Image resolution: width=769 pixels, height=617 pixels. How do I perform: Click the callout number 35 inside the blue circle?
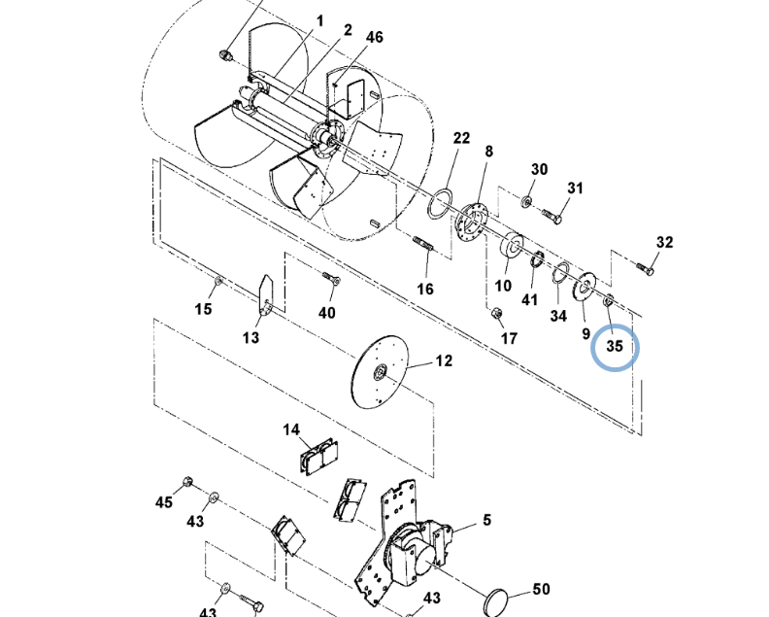pos(615,346)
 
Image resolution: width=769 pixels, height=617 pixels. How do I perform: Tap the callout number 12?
pos(444,360)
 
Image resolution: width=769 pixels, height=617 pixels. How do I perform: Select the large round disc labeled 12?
pos(380,371)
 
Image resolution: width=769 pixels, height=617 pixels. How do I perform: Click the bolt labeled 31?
pos(552,216)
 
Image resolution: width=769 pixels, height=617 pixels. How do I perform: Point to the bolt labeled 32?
pos(645,268)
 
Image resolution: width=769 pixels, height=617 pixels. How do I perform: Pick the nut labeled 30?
pos(526,201)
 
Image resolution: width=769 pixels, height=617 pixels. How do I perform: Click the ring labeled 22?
pos(440,203)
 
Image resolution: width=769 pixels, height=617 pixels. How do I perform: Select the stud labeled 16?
pos(422,244)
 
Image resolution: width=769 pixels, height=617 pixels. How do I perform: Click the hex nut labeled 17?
pos(496,312)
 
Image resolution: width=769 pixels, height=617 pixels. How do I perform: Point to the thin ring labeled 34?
pos(560,272)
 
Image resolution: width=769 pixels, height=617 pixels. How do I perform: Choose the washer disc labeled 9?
pos(585,287)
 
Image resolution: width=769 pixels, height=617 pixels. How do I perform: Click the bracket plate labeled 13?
pos(265,296)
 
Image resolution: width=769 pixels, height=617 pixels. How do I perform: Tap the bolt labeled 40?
pos(331,279)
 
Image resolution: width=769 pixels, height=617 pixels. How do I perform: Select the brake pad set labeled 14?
pos(318,457)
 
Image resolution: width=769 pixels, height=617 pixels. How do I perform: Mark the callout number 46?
pos(375,37)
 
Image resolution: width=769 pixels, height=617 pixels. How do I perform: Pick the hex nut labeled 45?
pos(186,482)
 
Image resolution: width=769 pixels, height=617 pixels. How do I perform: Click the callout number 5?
pos(486,520)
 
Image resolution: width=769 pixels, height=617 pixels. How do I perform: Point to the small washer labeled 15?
pos(218,281)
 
